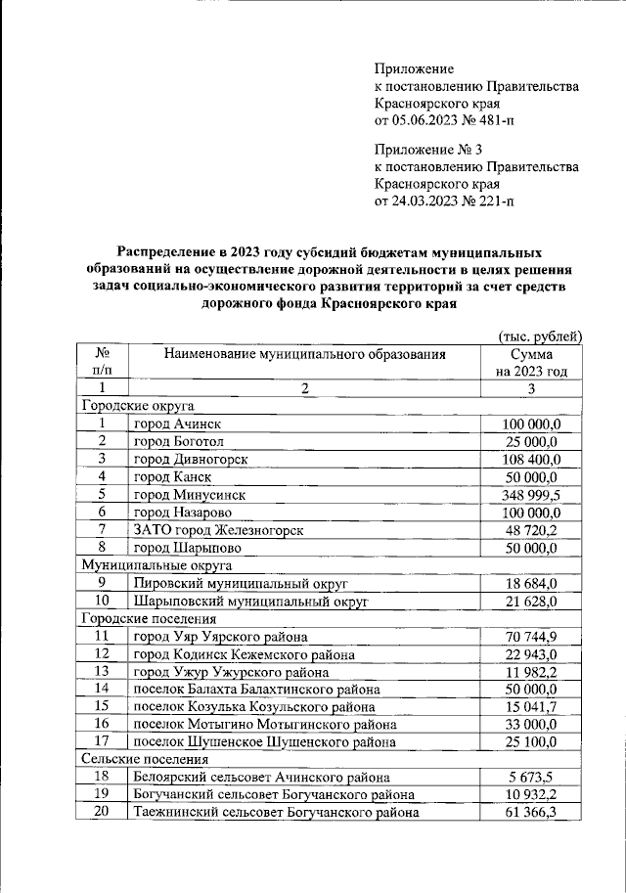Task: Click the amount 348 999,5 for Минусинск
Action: coord(531,495)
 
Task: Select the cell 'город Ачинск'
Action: coord(177,424)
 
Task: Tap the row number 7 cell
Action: coord(102,530)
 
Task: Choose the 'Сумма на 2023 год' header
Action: coord(531,363)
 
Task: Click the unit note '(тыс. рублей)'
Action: coord(541,335)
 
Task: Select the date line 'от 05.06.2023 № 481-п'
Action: coord(443,121)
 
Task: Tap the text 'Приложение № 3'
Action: coord(428,149)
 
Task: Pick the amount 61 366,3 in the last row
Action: coord(531,812)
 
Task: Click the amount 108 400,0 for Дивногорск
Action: coord(531,459)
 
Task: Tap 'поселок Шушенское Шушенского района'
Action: coord(257,741)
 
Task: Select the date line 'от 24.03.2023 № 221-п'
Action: coord(443,201)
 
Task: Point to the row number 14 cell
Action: coord(102,689)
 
